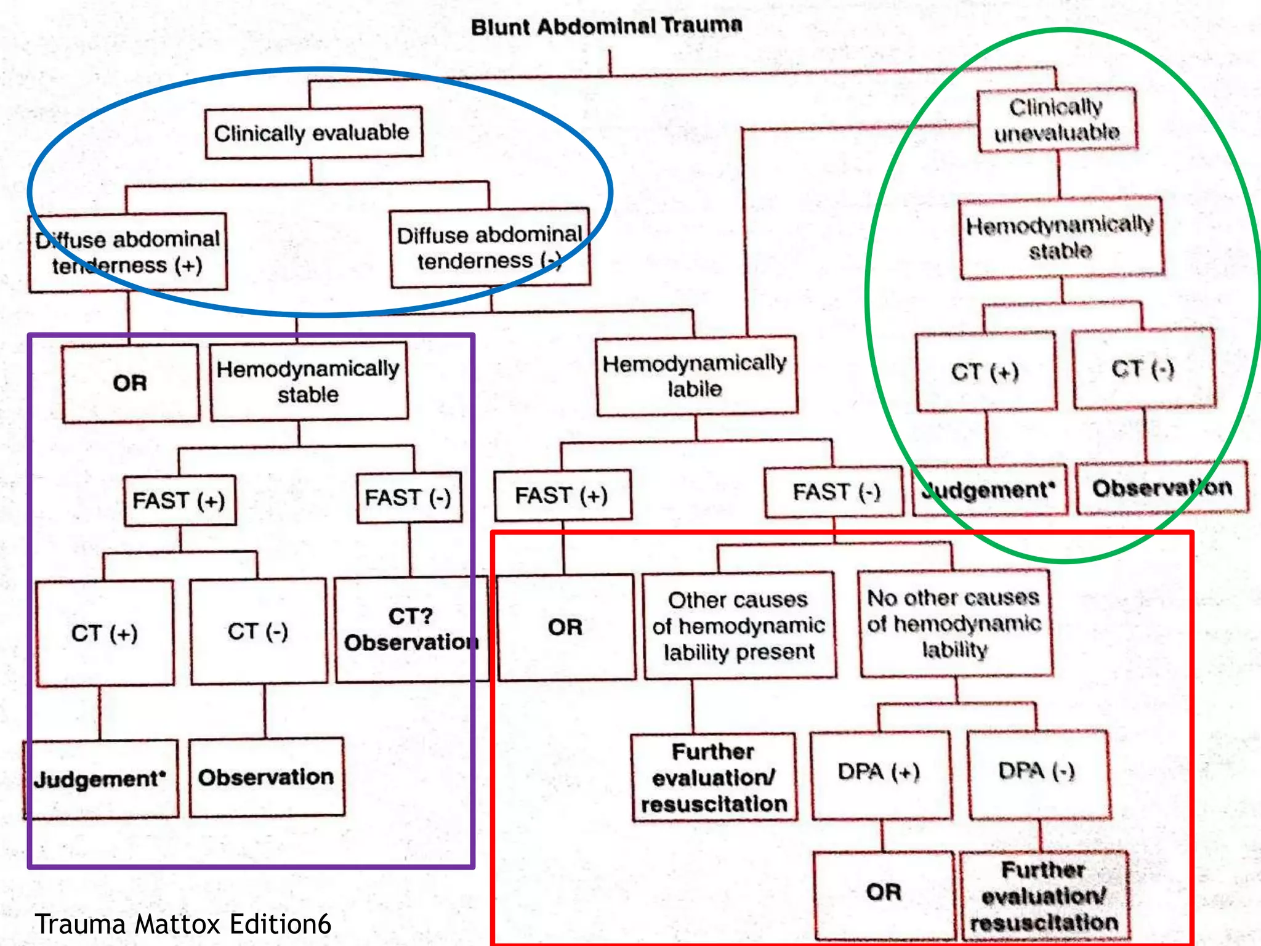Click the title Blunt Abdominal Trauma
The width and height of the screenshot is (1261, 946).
coord(606,26)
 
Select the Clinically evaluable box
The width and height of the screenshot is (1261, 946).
coord(313,133)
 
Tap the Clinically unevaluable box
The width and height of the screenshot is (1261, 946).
coord(1057,120)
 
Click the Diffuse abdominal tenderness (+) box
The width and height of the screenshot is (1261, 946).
coord(128,253)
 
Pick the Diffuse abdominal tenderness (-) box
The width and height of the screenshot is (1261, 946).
coord(489,248)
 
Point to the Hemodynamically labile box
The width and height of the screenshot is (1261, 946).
coord(696,376)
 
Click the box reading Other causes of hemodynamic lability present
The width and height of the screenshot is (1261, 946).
coord(739,626)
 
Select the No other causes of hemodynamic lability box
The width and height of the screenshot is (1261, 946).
coord(954,623)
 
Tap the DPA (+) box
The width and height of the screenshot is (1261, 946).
coord(880,774)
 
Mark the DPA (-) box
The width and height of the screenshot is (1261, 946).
coord(1038,772)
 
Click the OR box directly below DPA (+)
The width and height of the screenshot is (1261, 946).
coord(883,893)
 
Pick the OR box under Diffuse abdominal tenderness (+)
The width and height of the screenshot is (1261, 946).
coord(131,384)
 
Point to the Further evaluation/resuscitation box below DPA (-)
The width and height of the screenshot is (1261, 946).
coord(1044,897)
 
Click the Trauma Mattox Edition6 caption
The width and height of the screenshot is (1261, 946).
coord(183,924)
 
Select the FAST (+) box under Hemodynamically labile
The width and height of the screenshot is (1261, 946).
coord(562,496)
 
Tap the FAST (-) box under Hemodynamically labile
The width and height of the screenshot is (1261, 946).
coord(835,493)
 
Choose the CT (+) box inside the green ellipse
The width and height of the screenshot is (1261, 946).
coord(985,372)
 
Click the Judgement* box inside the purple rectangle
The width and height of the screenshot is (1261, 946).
coord(101,779)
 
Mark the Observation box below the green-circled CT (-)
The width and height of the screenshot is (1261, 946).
coord(1162,488)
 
